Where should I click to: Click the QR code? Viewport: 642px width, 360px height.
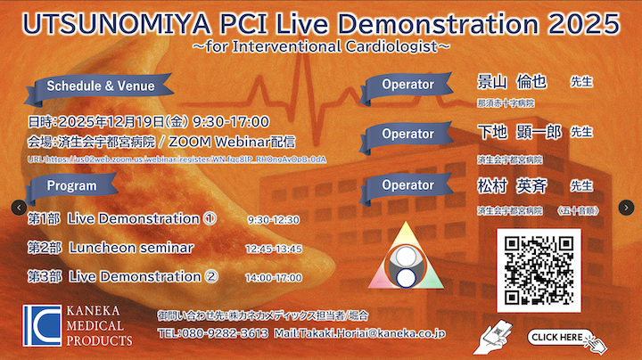coord(539,270)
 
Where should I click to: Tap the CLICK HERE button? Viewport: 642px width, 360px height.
coord(562,337)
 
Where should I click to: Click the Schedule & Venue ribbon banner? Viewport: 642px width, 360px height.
coord(100,86)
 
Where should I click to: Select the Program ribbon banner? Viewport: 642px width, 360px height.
coord(72,185)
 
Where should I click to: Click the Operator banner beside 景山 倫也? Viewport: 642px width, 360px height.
coord(407,86)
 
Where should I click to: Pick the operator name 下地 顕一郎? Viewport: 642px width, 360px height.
coord(519,132)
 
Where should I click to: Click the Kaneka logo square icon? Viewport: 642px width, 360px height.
coord(42,325)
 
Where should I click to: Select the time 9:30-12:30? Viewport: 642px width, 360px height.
coord(273,219)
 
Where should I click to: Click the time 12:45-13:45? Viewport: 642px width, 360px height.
coord(273,249)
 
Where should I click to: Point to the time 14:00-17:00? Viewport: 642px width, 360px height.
coord(273,278)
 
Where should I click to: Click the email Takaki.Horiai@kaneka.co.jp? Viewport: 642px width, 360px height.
coord(366,333)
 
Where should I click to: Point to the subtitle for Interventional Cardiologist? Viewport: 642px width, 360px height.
coord(321,45)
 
